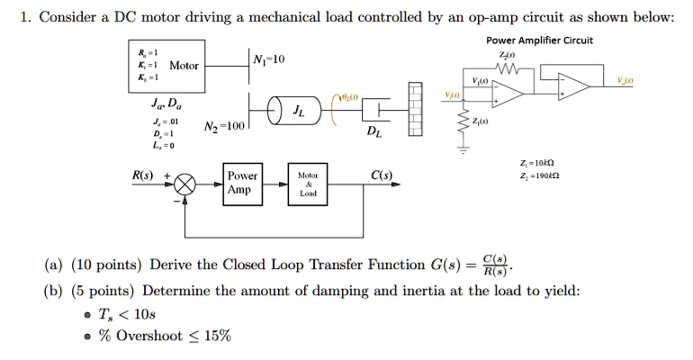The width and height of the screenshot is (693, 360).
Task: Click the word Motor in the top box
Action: click(184, 66)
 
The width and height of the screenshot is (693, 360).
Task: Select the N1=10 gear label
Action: click(269, 59)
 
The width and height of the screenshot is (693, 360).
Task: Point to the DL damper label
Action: click(373, 133)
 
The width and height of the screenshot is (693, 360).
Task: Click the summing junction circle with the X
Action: click(185, 184)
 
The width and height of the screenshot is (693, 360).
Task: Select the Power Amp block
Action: click(241, 183)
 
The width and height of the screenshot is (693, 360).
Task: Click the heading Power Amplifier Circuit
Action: click(539, 40)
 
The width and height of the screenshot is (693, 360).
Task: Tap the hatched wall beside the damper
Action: click(415, 110)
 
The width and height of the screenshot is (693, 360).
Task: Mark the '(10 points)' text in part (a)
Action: click(107, 265)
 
